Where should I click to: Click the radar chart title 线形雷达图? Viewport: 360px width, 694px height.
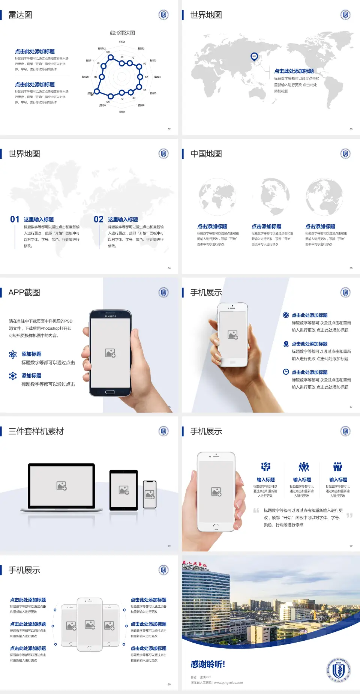122,33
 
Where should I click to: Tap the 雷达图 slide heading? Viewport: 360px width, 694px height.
20,15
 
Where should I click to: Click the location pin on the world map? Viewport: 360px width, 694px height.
254,57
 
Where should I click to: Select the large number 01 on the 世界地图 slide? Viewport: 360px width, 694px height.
15,219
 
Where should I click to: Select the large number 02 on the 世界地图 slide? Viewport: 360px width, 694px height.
99,219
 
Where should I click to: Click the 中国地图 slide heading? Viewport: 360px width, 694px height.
206,154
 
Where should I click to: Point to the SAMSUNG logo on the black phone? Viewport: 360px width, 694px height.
110,316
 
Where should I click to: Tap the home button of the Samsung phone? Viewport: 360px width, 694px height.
110,392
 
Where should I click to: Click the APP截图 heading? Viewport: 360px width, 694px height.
24,293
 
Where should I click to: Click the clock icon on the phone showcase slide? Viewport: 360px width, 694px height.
286,372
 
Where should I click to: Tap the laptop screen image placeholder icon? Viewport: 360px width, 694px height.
61,486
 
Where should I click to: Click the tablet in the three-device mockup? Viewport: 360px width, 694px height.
124,490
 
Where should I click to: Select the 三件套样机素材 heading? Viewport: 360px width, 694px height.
36,431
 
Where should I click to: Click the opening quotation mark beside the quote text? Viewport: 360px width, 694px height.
256,511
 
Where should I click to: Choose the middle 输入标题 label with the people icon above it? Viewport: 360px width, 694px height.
302,480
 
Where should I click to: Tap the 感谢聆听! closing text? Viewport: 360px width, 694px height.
208,664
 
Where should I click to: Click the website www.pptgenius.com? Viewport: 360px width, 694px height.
228,683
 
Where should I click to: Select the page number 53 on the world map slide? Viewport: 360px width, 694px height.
351,129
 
